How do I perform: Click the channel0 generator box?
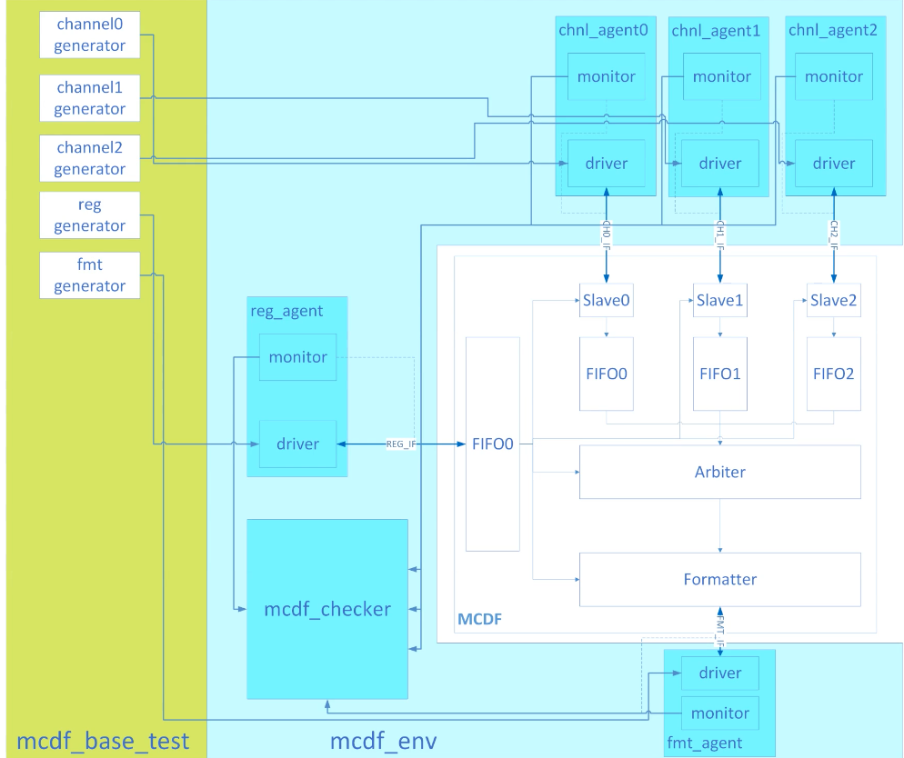[89, 35]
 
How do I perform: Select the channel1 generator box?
[89, 98]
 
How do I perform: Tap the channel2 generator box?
[89, 158]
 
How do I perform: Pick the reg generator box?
[89, 214]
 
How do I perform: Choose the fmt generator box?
[89, 275]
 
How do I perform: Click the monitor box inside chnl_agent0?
[606, 76]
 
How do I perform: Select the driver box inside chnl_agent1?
[720, 164]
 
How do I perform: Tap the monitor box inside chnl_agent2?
[834, 76]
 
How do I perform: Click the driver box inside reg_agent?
[297, 444]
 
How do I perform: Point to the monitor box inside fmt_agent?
[720, 713]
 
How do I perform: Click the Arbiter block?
[720, 472]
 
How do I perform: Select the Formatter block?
[720, 580]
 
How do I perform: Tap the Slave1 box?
[720, 300]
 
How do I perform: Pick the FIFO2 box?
[834, 374]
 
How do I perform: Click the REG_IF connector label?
[401, 444]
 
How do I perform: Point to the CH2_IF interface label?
[834, 234]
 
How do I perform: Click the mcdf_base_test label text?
[103, 741]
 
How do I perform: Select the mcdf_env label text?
[384, 741]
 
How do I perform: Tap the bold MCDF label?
[479, 619]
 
